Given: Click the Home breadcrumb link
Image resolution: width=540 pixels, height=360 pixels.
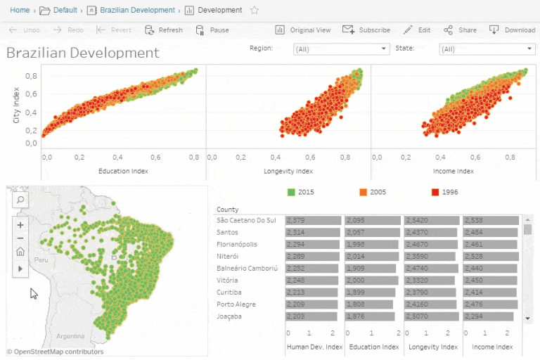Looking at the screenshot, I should coord(19,11).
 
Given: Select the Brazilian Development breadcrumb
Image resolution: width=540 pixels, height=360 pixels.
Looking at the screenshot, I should coord(137,11).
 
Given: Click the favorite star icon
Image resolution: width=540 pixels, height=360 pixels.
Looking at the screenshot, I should coord(255,11).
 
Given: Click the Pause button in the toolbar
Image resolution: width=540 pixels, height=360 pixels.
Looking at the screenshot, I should coord(212,30).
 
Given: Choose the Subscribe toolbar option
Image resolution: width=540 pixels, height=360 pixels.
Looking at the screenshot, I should coord(366,30).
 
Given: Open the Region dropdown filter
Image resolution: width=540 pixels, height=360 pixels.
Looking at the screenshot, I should coord(341,49).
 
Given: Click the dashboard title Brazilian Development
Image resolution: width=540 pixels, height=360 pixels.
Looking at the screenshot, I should coord(83,53).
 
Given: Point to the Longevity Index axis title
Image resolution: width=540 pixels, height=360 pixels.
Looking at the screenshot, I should coord(288,171).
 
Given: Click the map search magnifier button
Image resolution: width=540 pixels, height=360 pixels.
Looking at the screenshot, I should coord(20,200).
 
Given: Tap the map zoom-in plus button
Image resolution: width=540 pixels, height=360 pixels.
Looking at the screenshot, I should coord(20,225).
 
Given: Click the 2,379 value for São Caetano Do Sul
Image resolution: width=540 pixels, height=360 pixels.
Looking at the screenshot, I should coord(297,220).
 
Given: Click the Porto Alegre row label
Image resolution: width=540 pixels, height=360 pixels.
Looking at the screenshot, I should coord(236,304).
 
